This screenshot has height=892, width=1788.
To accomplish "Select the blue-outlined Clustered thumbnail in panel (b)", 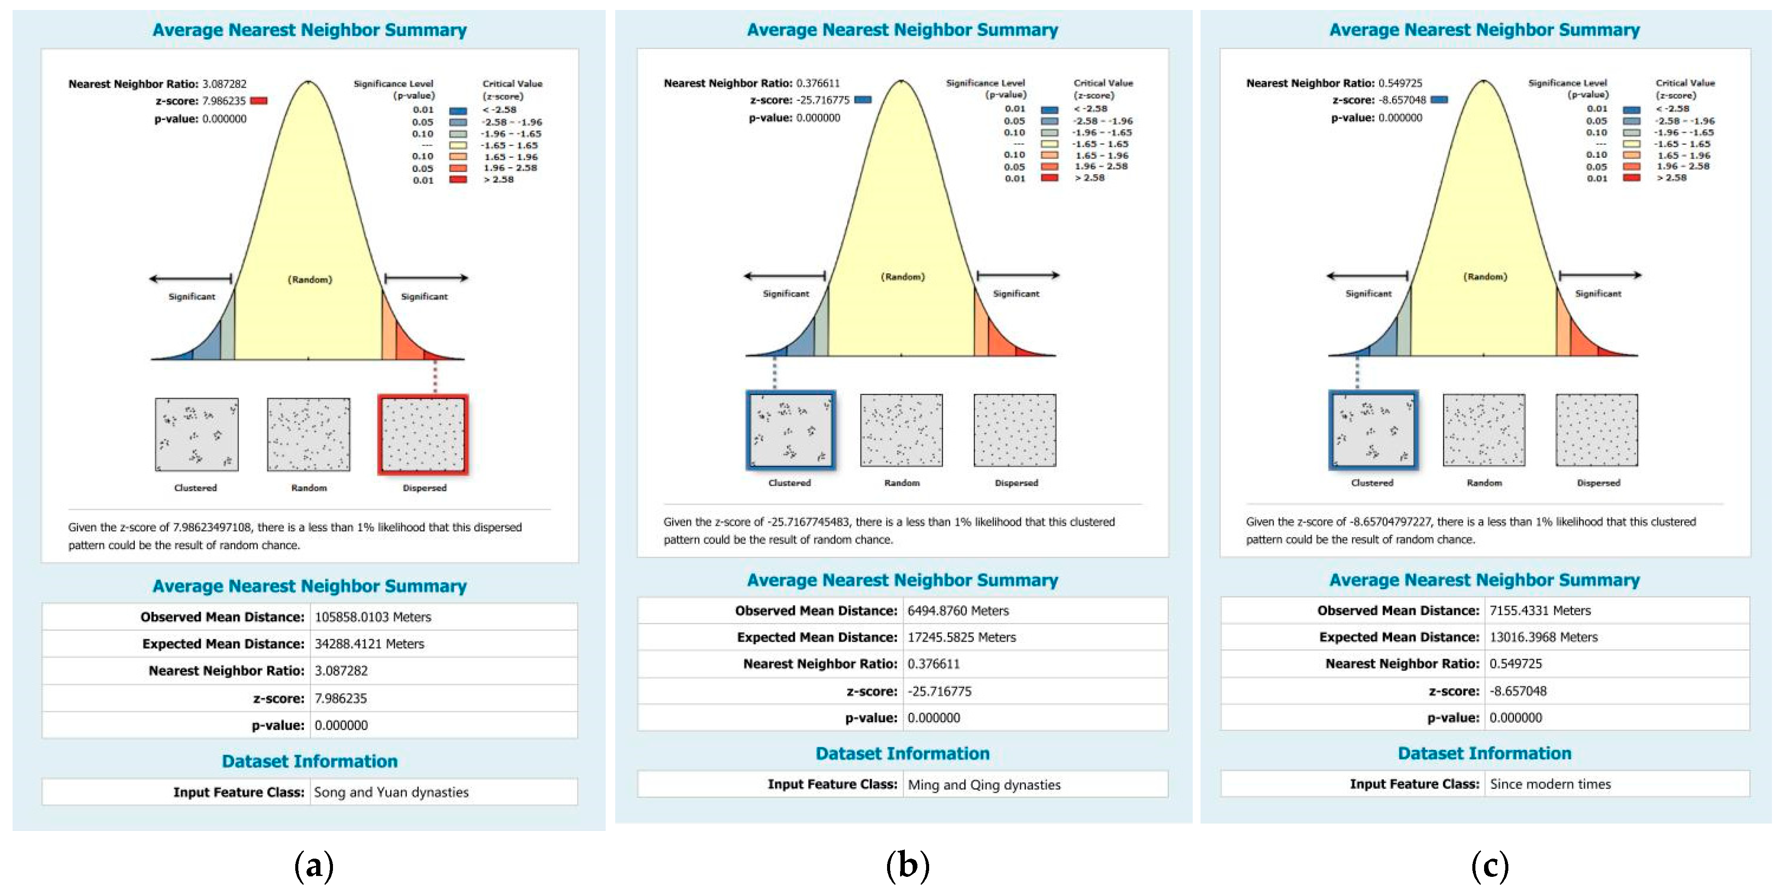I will coord(790,430).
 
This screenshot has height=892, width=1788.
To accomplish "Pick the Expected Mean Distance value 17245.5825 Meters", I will coord(961,637).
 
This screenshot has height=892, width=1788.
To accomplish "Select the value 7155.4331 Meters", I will coord(1540,610).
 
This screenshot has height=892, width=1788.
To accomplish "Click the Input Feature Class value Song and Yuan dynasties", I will coord(391,792).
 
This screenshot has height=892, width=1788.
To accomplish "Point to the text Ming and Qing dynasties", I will coord(984,785).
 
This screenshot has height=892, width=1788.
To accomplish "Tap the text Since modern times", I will coord(1550,784).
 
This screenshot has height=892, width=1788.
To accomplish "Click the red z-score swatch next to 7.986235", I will coord(258,101).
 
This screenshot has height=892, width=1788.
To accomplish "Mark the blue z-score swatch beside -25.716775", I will coord(863,100).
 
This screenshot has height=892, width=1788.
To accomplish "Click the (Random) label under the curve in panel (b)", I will coord(902,277).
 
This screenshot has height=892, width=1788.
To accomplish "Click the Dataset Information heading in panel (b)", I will coord(902,753).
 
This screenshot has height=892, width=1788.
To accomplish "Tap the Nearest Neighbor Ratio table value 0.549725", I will coord(1515,664).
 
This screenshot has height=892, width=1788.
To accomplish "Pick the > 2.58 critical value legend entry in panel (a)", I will coord(498,180).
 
